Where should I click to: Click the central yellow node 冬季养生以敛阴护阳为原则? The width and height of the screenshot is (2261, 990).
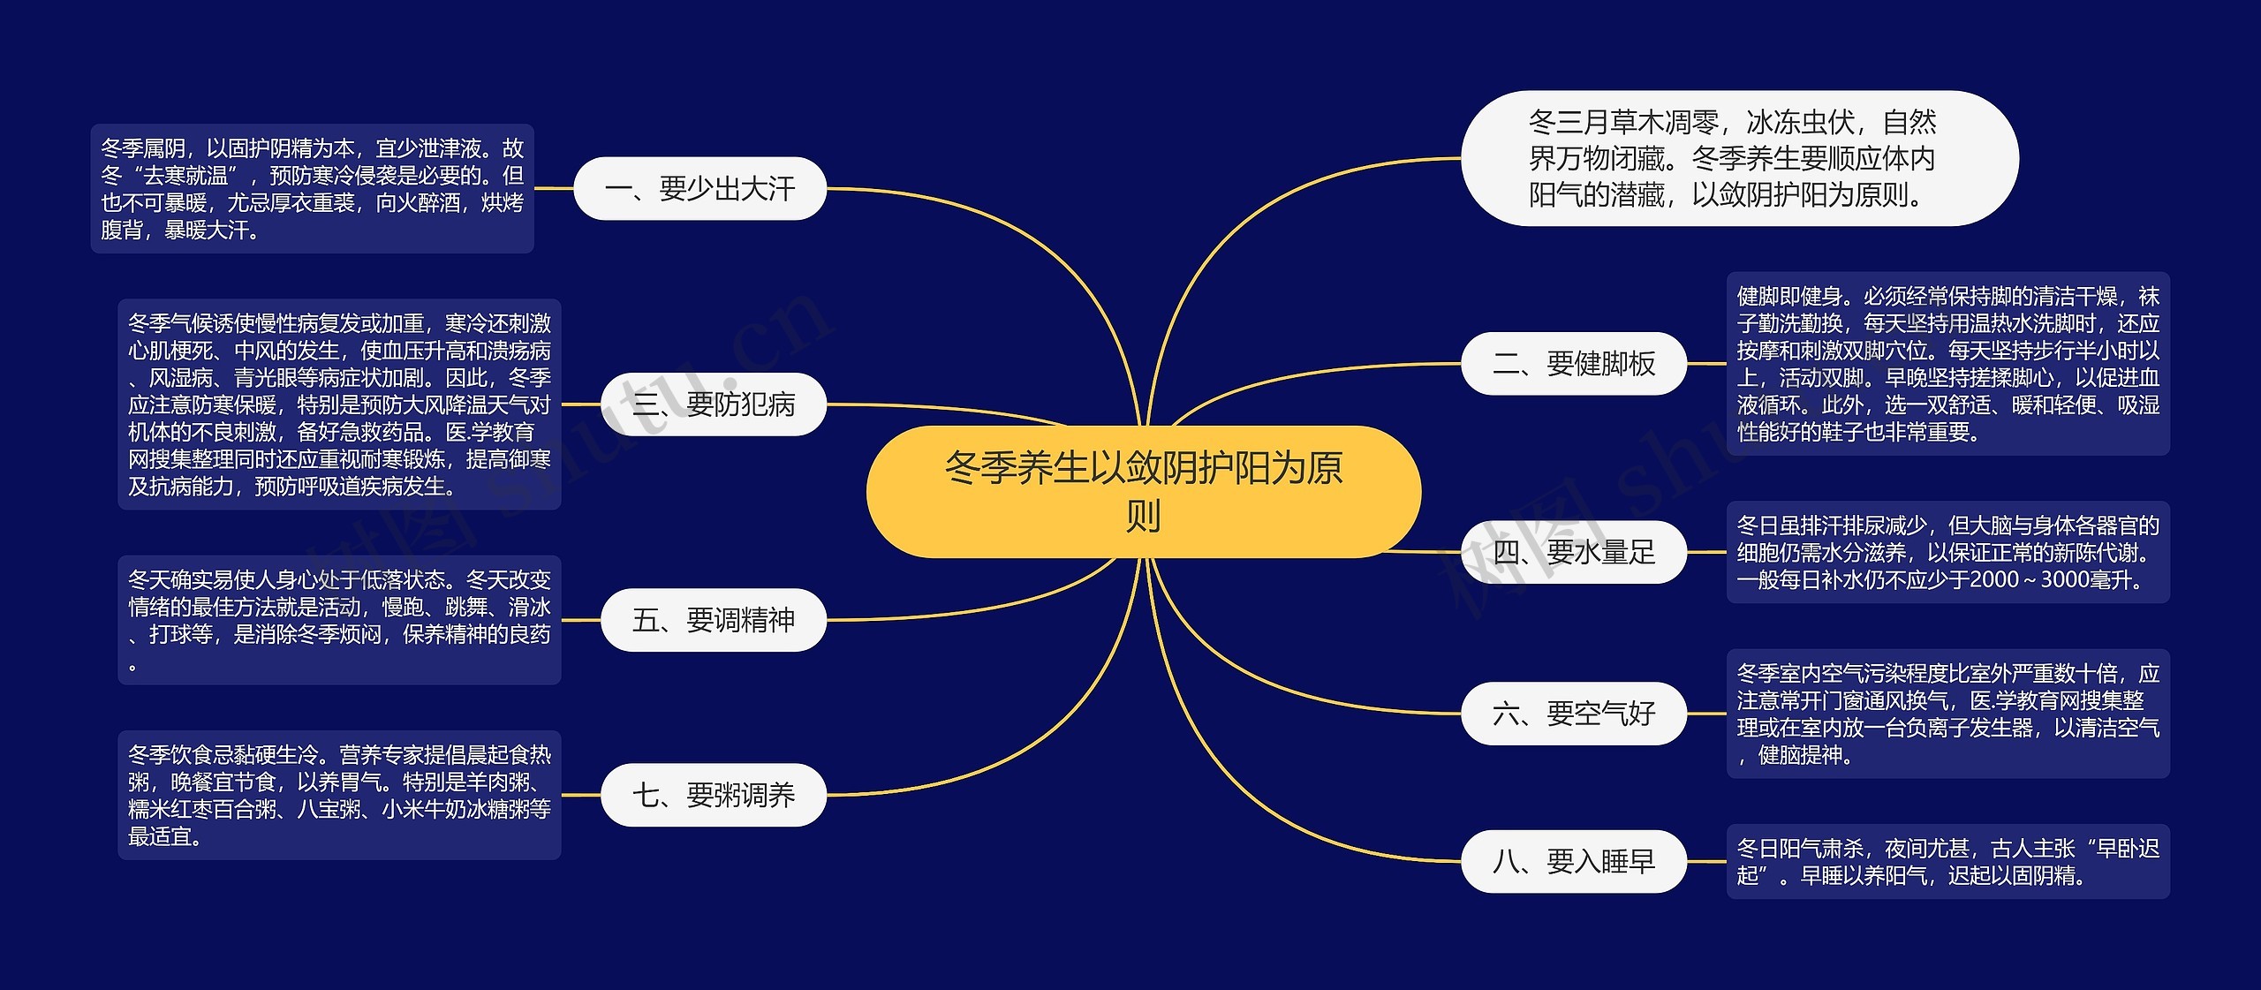[1143, 491]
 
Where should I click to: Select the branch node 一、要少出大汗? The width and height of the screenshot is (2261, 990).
[699, 188]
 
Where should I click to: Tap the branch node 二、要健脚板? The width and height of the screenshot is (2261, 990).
[1573, 363]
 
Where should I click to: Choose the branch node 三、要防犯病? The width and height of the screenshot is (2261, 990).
[713, 404]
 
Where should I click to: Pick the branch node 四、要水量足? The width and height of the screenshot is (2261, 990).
[1573, 552]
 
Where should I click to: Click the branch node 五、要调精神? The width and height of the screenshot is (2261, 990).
[713, 620]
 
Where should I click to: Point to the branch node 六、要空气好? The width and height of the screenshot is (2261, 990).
[1573, 713]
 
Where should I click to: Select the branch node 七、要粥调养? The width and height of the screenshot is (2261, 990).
[713, 795]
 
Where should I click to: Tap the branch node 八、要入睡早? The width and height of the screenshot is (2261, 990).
[1573, 861]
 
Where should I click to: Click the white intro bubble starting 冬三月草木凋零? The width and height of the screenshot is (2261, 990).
[1739, 158]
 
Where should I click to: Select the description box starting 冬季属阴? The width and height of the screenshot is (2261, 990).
[312, 188]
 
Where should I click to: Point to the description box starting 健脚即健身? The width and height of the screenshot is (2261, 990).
[1947, 364]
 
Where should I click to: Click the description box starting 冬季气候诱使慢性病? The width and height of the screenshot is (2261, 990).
[339, 404]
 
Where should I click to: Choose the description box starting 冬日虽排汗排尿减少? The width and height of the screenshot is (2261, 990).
[1947, 553]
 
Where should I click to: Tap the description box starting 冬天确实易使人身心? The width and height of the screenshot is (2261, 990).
[339, 620]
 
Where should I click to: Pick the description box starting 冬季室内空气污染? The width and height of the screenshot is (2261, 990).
[1947, 714]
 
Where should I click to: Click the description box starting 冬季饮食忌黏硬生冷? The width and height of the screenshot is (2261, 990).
[339, 795]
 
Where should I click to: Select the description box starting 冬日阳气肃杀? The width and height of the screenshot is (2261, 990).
[1947, 861]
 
